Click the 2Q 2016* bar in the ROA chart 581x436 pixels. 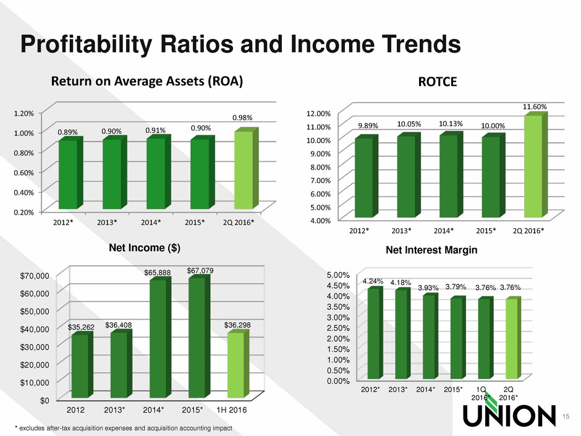coord(243,170)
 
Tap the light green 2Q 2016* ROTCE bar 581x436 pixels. coord(533,167)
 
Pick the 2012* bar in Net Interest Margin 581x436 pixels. coord(374,333)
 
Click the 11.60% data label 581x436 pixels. coord(535,108)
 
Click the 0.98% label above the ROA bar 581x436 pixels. coord(243,118)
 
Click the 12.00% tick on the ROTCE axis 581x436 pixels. coord(320,113)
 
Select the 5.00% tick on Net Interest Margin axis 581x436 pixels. coord(337,275)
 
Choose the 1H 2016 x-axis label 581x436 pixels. coord(238,409)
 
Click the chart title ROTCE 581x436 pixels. coord(437,82)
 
